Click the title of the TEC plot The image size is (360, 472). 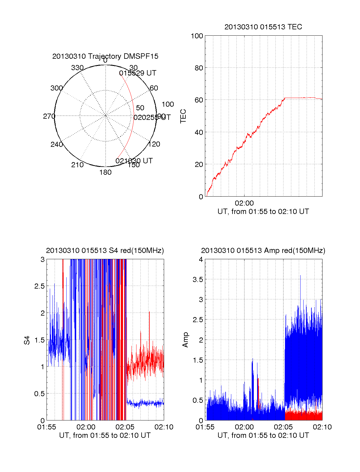click(263, 27)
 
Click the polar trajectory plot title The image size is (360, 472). click(105, 56)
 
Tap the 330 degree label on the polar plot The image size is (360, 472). click(77, 68)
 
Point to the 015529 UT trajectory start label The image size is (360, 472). click(138, 73)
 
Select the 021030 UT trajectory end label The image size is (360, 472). click(134, 161)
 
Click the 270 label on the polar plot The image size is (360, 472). click(49, 116)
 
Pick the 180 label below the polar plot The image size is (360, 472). click(105, 172)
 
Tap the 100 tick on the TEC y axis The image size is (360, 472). click(197, 36)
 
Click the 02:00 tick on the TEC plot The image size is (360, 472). click(244, 203)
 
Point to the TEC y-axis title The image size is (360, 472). click(183, 116)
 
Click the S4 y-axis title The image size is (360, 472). click(27, 340)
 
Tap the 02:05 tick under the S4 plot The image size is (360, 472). click(125, 427)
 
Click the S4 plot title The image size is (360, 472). click(105, 251)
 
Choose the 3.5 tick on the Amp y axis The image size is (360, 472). click(198, 280)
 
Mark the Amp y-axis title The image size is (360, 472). click(185, 340)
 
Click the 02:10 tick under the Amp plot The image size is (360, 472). click(322, 427)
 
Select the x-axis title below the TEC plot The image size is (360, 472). click(263, 212)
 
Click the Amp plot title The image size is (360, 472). click(263, 251)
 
